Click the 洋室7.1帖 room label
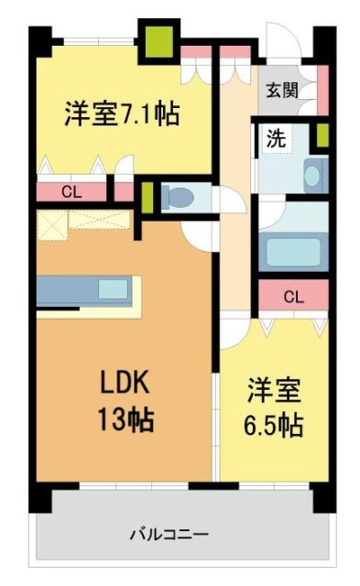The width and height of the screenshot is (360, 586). tap(121, 114)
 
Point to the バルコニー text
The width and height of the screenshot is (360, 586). tap(169, 534)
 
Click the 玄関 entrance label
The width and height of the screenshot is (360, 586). tap(280, 90)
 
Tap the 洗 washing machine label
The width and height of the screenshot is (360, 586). tap(274, 139)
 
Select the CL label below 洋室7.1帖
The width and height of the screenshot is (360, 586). tap(71, 191)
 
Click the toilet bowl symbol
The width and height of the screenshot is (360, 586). tap(179, 197)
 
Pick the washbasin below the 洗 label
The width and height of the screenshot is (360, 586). tap(314, 173)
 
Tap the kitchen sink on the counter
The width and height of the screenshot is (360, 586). tap(114, 289)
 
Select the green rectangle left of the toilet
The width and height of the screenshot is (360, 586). tap(146, 197)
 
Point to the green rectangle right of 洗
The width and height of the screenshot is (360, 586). tap(322, 136)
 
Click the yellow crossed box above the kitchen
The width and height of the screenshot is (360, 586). tap(52, 222)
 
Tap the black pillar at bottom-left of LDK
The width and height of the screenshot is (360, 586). tap(43, 495)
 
